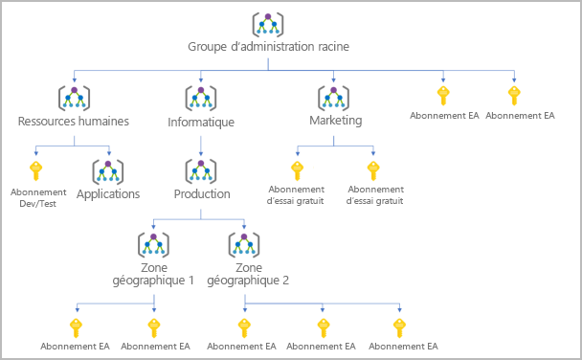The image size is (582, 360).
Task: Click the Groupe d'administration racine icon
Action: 268,25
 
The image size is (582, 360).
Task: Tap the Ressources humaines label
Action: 74,122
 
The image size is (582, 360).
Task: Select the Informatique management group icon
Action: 201,99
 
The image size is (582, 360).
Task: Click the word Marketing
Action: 336,121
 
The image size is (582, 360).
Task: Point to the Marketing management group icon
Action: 333,99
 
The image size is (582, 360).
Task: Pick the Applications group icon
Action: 108,171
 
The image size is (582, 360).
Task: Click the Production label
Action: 202,194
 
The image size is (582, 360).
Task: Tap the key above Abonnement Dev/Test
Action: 35,170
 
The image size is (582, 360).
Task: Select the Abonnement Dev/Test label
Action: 38,198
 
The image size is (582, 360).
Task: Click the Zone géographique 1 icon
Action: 153,245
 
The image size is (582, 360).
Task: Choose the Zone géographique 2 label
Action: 248,274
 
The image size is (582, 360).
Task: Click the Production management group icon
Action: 201,171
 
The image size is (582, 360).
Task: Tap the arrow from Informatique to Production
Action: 201,146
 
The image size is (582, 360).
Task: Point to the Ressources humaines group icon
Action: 75,99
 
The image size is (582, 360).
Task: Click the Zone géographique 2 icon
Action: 244,245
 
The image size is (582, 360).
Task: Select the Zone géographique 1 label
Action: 153,274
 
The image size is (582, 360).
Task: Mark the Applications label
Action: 108,194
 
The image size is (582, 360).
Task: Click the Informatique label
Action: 201,123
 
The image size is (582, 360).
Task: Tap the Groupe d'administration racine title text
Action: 268,47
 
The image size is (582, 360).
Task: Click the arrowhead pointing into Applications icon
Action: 109,153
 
